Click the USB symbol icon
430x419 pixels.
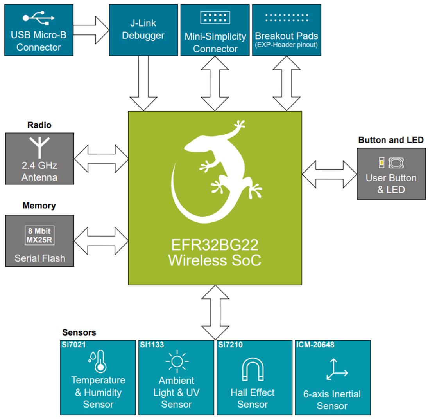coord(39,18)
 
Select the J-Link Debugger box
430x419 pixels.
coord(143,29)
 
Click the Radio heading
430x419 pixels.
coord(39,125)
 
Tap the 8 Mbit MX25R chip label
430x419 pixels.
coord(39,235)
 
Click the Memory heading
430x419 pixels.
coord(39,206)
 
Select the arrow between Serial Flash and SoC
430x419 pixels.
coord(101,240)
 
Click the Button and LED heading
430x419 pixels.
coord(391,140)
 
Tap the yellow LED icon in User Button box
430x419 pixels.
coord(381,163)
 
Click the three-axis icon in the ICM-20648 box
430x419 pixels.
coord(335,369)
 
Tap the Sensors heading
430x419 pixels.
coord(79,333)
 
